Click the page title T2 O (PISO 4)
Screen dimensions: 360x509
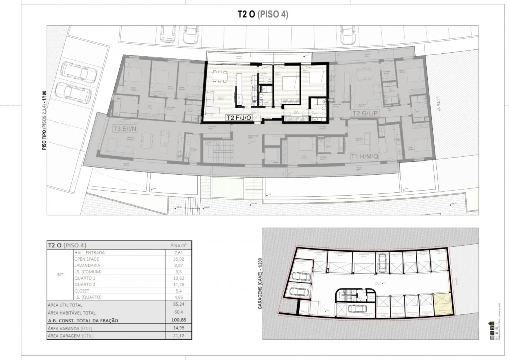tap(262, 15)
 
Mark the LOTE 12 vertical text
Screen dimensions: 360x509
tap(438, 104)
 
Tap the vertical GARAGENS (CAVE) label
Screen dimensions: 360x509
tap(260, 284)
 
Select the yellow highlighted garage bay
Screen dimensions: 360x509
tap(442, 304)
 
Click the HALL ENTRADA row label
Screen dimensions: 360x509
tap(90, 253)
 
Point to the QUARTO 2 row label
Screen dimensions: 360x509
tap(86, 284)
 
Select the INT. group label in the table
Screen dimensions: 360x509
tap(60, 275)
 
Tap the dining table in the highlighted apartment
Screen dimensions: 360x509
tap(219, 76)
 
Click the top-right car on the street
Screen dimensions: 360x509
tap(348, 35)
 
